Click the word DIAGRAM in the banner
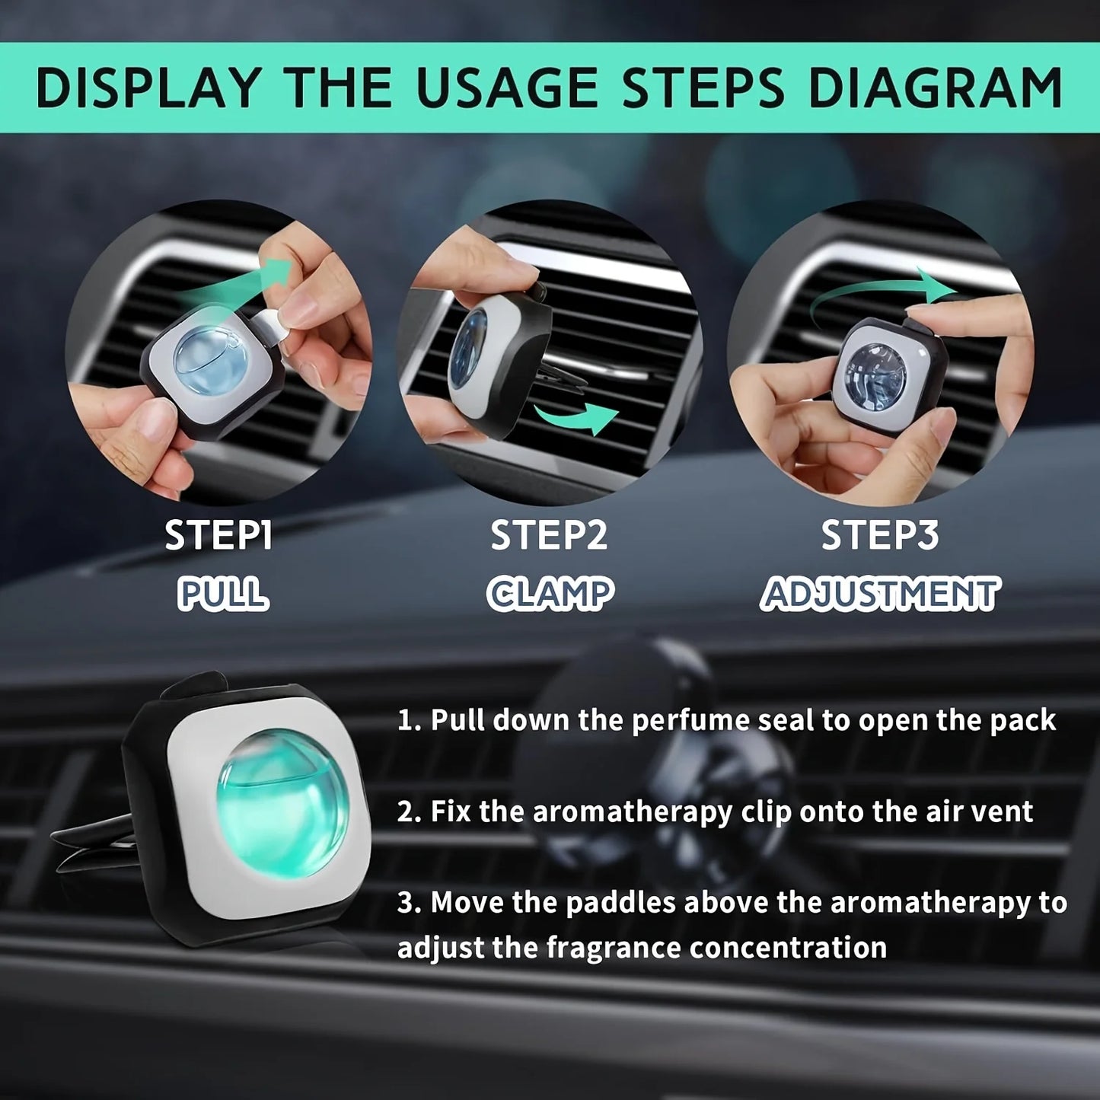tap(935, 88)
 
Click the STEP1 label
tap(218, 535)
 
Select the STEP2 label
tap(549, 535)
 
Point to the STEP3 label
tap(880, 535)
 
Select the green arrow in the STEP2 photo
tap(576, 419)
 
